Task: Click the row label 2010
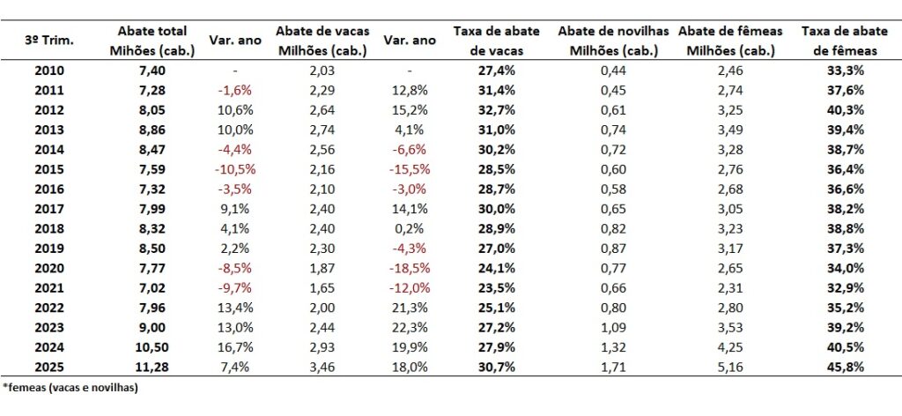click(48, 69)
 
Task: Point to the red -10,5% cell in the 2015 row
click(235, 168)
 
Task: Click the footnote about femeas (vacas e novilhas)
click(70, 387)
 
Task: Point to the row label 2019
click(48, 248)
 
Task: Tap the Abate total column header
click(151, 41)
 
